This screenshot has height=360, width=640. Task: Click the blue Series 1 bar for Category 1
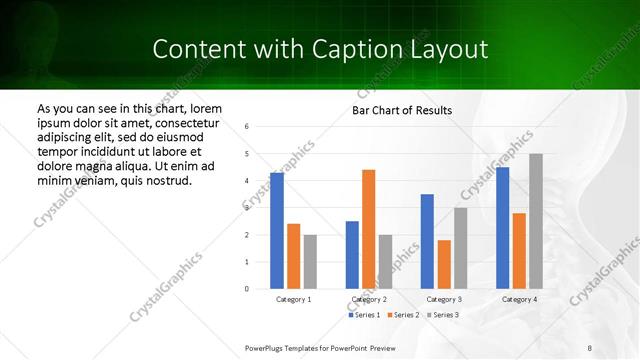pos(277,231)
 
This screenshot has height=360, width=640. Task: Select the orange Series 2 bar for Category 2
pos(368,229)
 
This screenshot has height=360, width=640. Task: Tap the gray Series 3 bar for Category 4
pos(536,221)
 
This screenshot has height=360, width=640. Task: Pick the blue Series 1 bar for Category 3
pos(427,241)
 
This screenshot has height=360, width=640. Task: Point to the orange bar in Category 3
pos(444,264)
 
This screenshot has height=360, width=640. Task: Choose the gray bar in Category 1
pos(310,261)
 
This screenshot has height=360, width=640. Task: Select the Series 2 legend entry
pos(402,315)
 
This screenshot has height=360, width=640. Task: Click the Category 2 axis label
pos(369,299)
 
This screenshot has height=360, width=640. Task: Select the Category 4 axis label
pos(518,299)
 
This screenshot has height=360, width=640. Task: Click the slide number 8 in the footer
pos(589,347)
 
